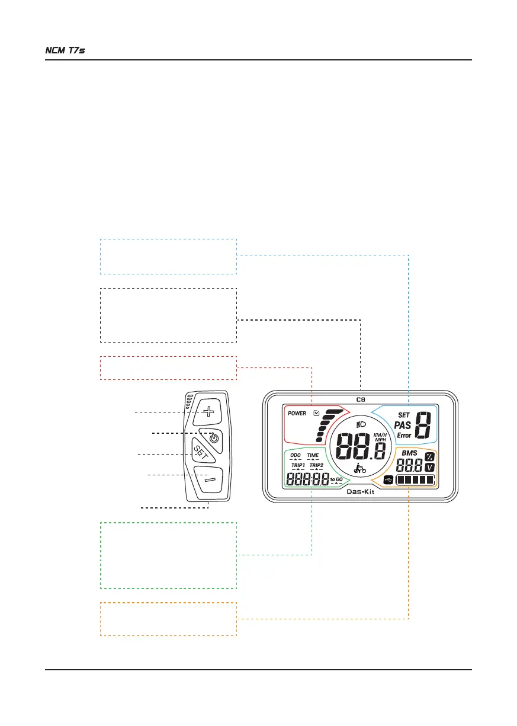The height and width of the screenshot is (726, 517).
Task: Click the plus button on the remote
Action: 208,410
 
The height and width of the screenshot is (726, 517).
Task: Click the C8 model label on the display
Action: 360,399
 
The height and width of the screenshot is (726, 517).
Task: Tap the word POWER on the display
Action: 297,413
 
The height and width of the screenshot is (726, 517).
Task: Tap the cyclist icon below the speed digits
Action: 359,468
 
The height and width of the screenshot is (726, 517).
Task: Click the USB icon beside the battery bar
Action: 388,481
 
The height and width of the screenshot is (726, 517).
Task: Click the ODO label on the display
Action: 296,455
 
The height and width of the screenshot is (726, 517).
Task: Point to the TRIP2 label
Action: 316,465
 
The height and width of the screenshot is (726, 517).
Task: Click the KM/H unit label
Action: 380,435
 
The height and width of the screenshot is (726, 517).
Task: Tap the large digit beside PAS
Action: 423,426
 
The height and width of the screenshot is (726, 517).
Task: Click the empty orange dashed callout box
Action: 168,619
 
